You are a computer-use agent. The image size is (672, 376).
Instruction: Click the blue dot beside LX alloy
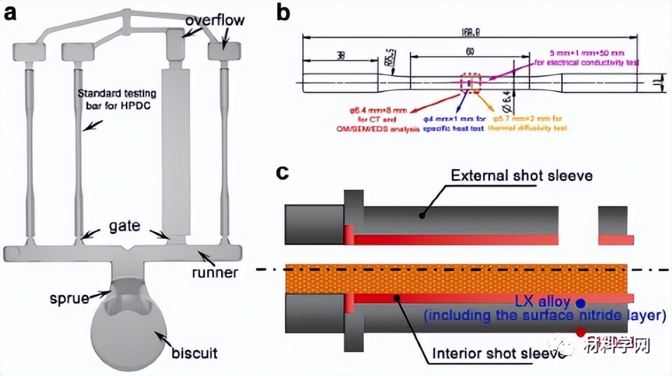pyautogui.click(x=580, y=303)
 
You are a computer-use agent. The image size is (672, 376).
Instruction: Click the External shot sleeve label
pyautogui.click(x=521, y=175)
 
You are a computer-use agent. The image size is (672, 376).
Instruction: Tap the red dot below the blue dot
pyautogui.click(x=580, y=331)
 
